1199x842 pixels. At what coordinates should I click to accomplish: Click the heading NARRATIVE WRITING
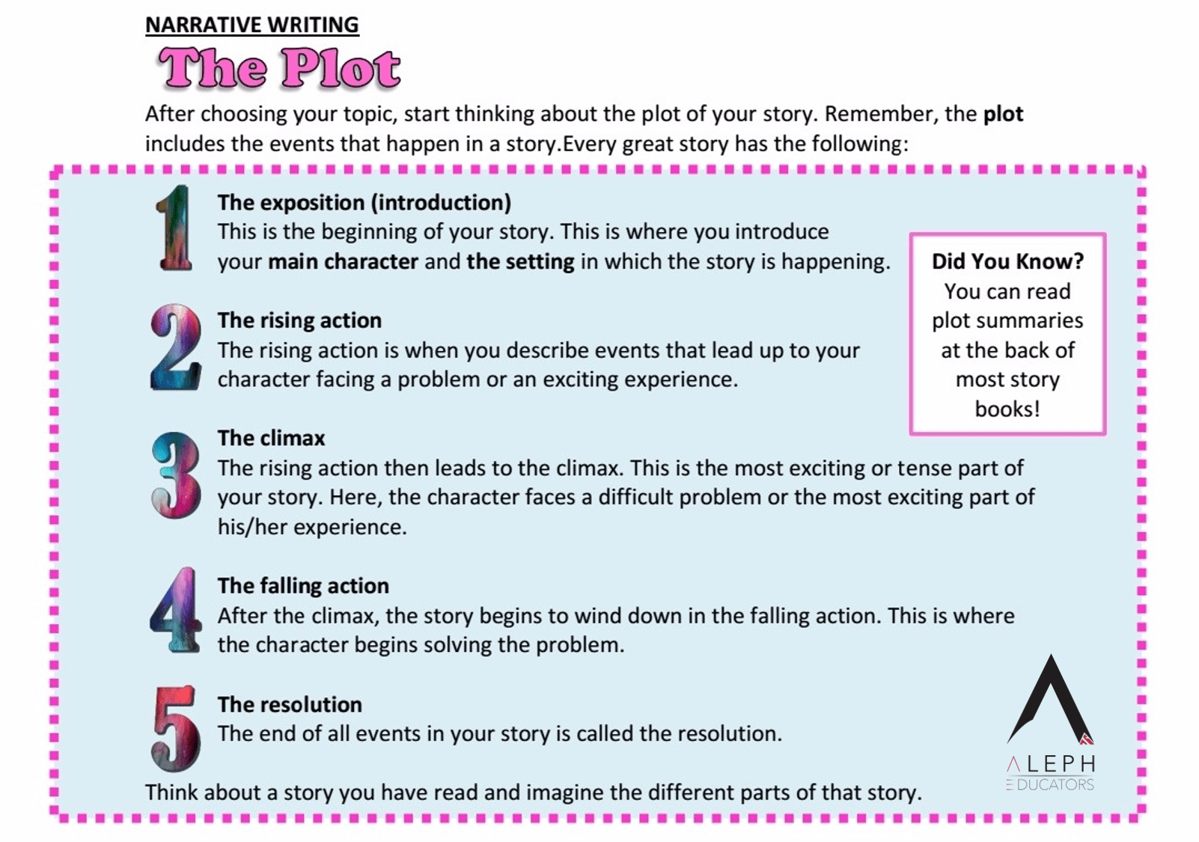[251, 25]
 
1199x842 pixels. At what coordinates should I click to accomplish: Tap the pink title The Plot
[279, 69]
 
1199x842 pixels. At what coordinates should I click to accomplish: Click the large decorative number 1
[175, 228]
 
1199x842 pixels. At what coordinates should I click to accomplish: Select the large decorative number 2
[176, 347]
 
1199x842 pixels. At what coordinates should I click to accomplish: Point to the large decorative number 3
[176, 475]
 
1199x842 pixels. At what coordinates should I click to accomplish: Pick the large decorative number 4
[175, 610]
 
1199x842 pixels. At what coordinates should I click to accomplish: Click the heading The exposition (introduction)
[364, 202]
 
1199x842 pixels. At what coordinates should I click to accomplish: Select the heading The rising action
[299, 320]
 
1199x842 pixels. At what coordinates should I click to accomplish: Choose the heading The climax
[271, 438]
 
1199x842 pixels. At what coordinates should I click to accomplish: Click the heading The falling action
[303, 585]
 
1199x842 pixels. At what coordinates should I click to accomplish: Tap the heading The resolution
[290, 704]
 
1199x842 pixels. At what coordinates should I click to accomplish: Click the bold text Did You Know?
[1007, 261]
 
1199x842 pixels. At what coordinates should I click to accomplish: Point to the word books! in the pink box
[1007, 409]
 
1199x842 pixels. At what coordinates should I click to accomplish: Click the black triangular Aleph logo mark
[1051, 700]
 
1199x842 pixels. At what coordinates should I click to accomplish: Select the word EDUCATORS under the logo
[1055, 784]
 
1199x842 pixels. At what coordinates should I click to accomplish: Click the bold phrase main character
[343, 261]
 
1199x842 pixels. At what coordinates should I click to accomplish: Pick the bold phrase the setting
[520, 261]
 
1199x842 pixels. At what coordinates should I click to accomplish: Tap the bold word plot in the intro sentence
[1003, 114]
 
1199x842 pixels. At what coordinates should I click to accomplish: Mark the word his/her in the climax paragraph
[252, 527]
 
